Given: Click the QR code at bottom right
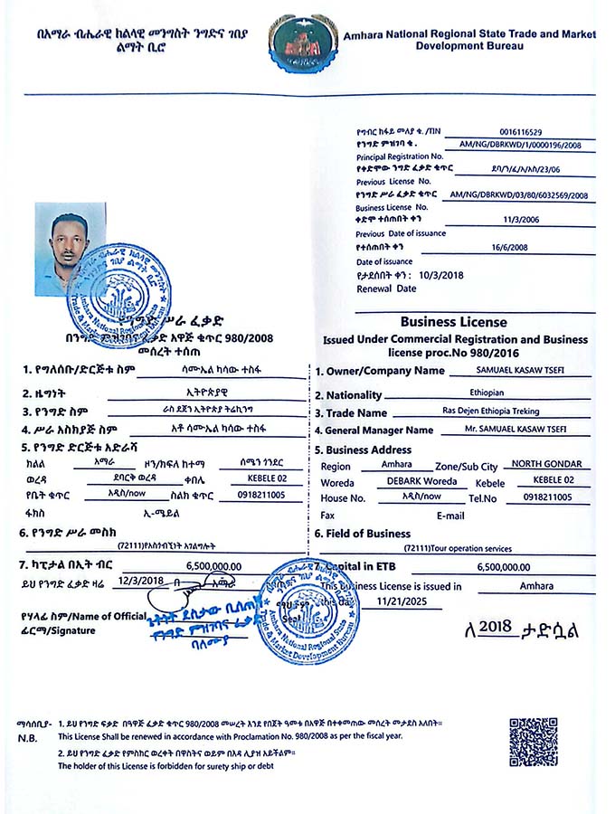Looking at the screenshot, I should [x=533, y=742].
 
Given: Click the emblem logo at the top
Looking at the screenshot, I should [x=303, y=43].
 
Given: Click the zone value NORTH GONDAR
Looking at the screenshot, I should [x=547, y=465].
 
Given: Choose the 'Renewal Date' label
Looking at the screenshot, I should [x=386, y=289].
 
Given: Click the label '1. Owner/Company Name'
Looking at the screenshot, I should [x=380, y=371].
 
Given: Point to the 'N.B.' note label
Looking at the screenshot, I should [x=25, y=738].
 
